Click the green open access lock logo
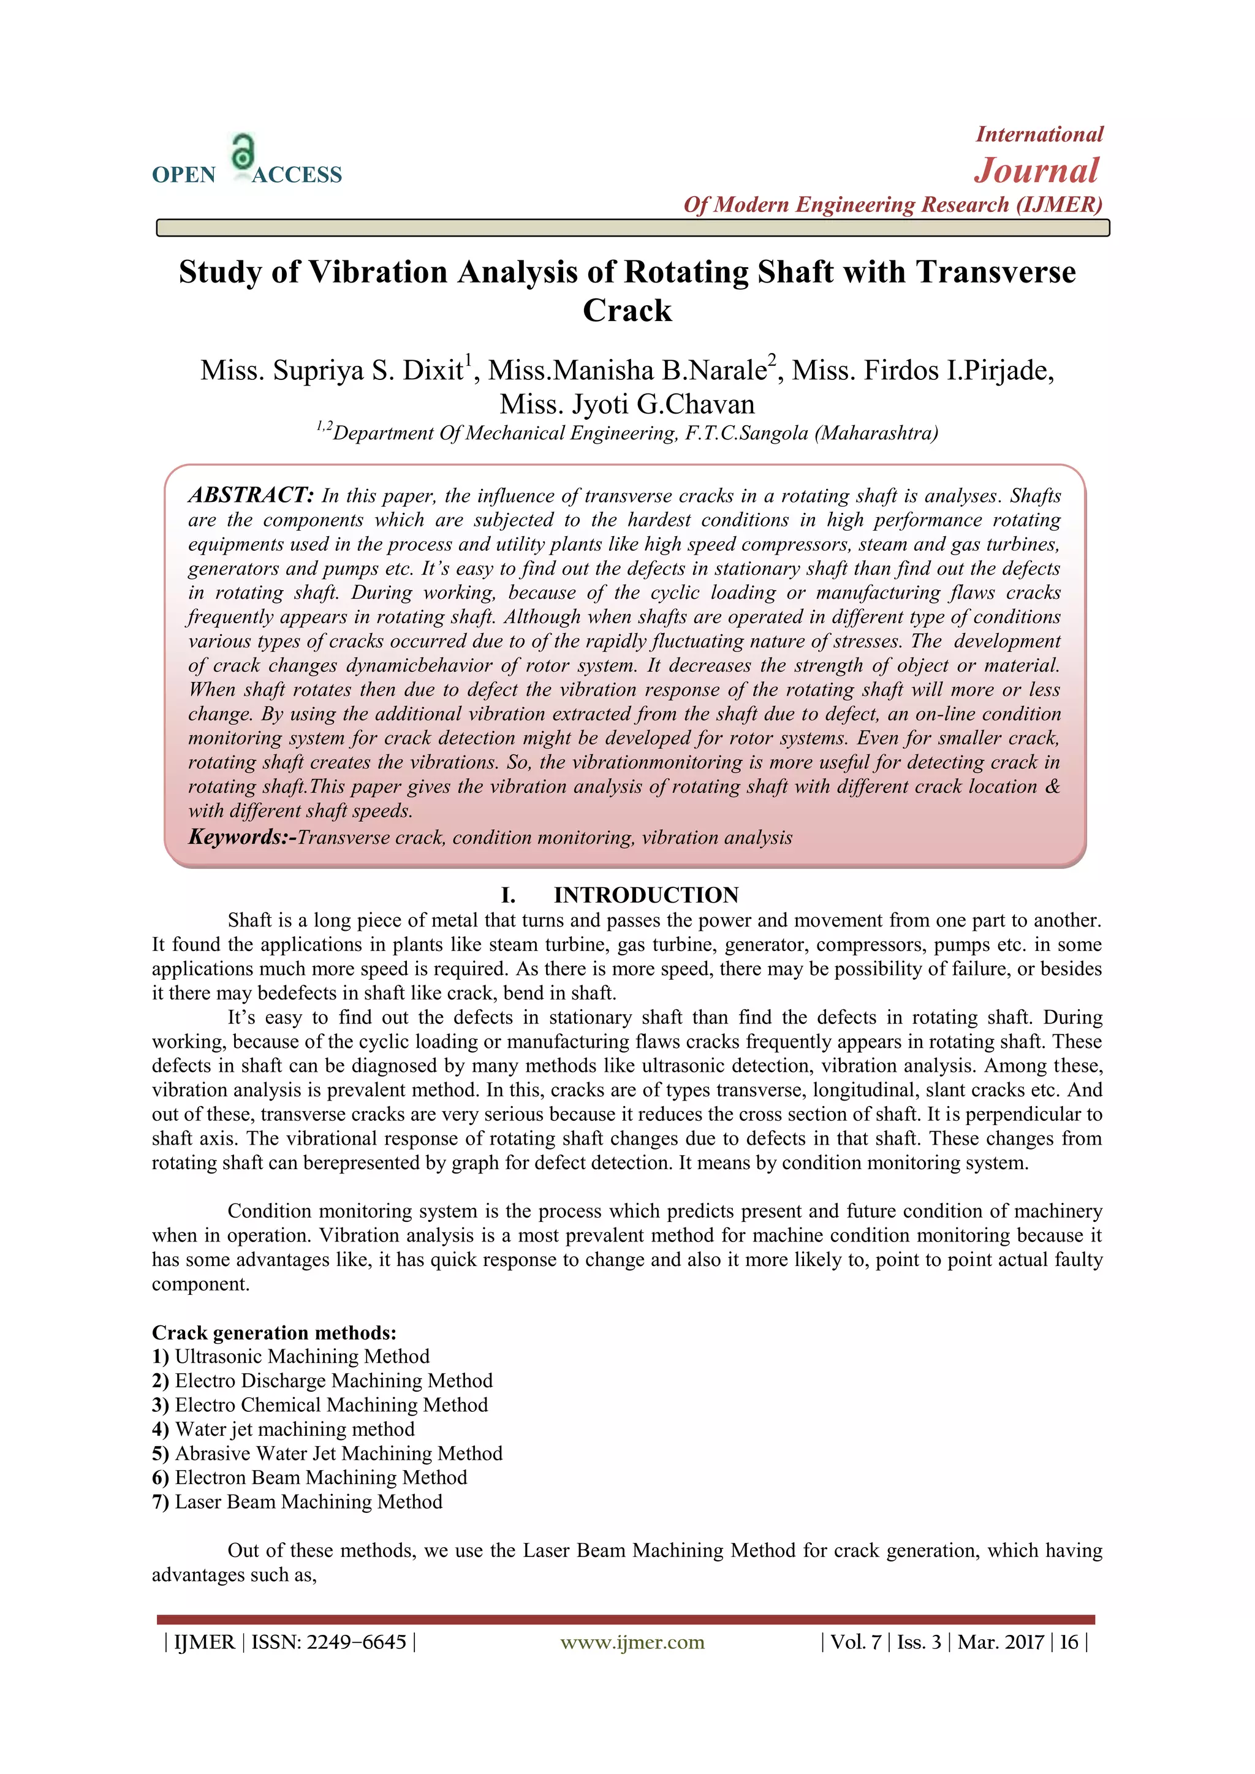[x=243, y=152]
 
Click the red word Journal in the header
[x=1036, y=171]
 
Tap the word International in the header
[x=1039, y=134]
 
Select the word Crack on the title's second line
[x=627, y=311]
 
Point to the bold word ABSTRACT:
[x=251, y=495]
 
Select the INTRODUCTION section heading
[x=646, y=895]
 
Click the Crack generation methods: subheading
[x=273, y=1333]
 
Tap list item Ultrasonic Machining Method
[x=302, y=1357]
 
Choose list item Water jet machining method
[x=294, y=1430]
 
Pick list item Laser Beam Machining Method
[x=308, y=1502]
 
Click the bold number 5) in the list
[x=161, y=1454]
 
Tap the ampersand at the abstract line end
[x=1052, y=787]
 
